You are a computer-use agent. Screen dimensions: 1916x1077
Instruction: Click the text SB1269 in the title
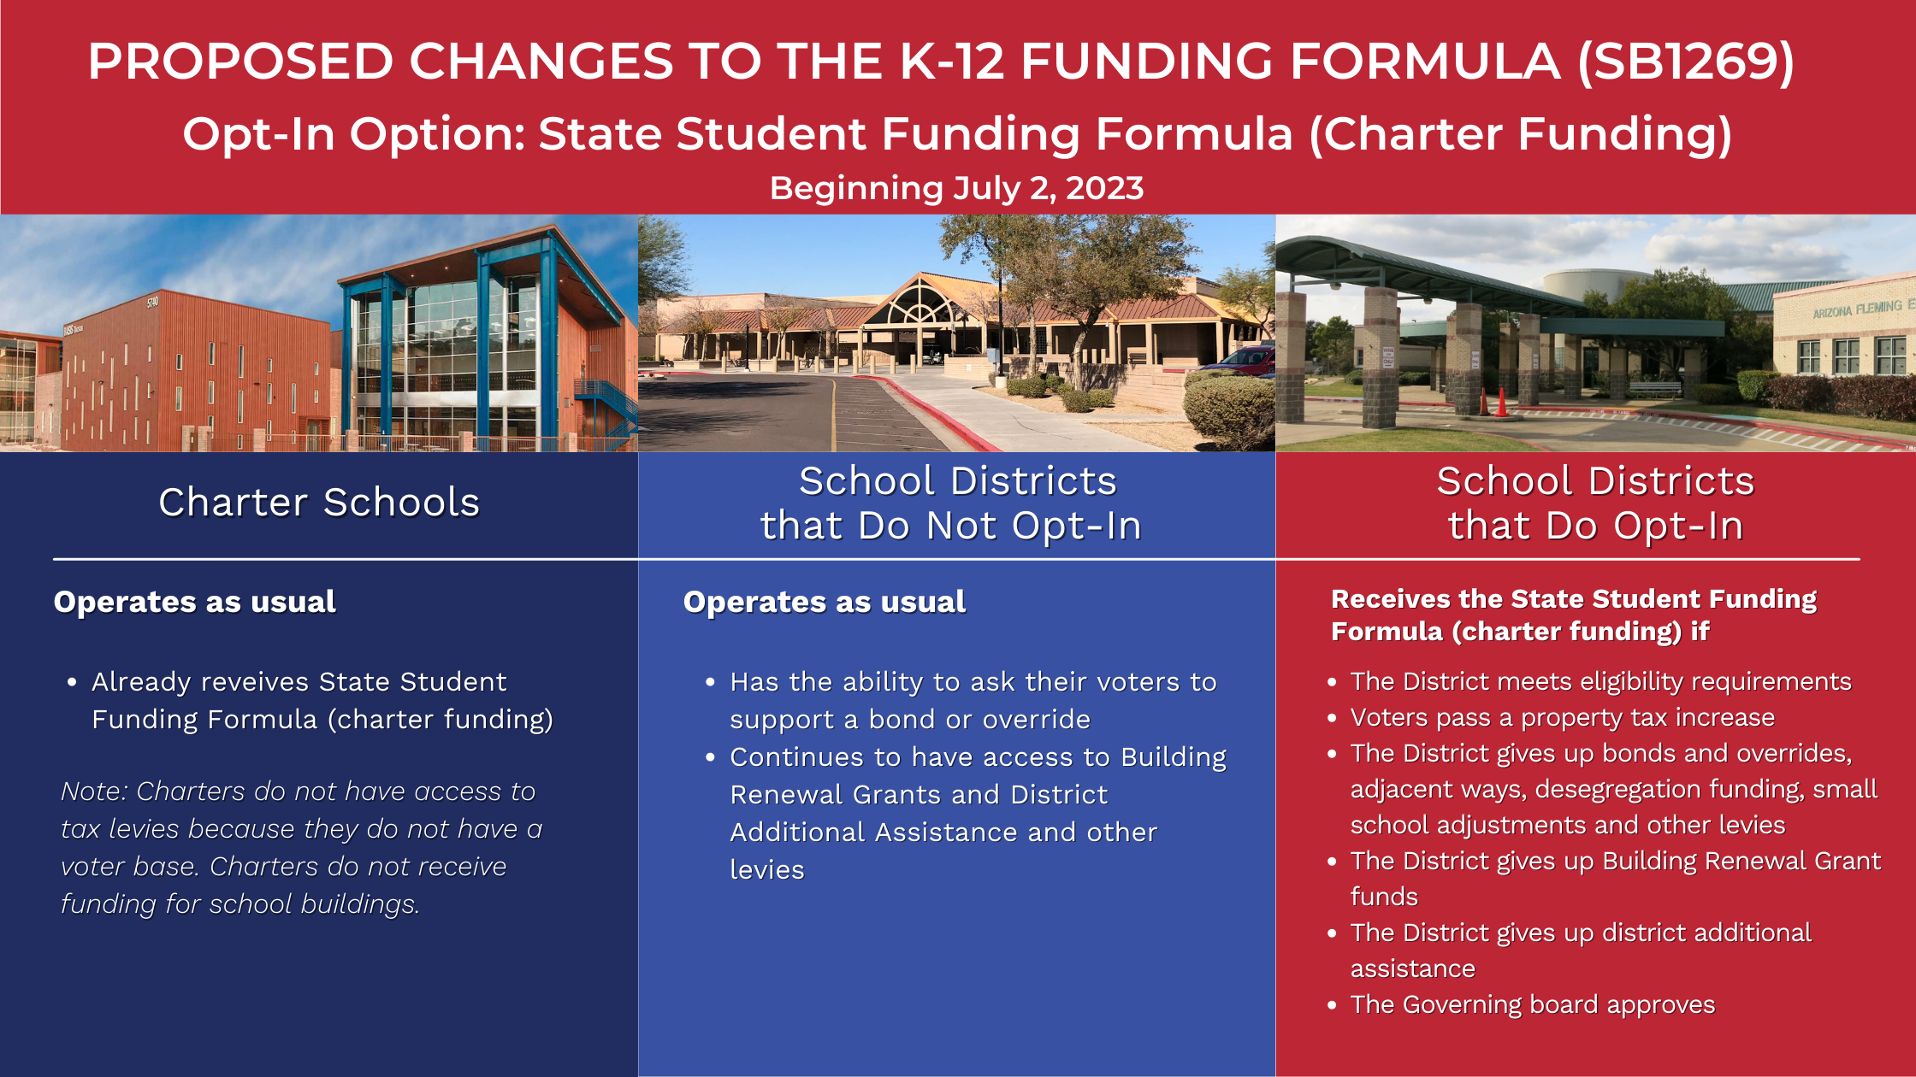(1685, 61)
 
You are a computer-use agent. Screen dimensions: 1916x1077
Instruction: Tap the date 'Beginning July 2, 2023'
(956, 188)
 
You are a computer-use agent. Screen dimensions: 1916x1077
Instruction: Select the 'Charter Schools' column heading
(319, 502)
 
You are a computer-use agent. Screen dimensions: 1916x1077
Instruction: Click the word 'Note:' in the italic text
(95, 792)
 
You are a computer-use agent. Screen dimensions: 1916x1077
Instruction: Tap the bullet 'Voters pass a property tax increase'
(1562, 718)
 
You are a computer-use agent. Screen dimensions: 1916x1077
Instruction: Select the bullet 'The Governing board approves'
(1533, 1004)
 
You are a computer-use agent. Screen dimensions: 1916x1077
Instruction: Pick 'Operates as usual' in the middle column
(825, 602)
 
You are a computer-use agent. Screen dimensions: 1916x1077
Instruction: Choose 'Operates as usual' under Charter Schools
(195, 602)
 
